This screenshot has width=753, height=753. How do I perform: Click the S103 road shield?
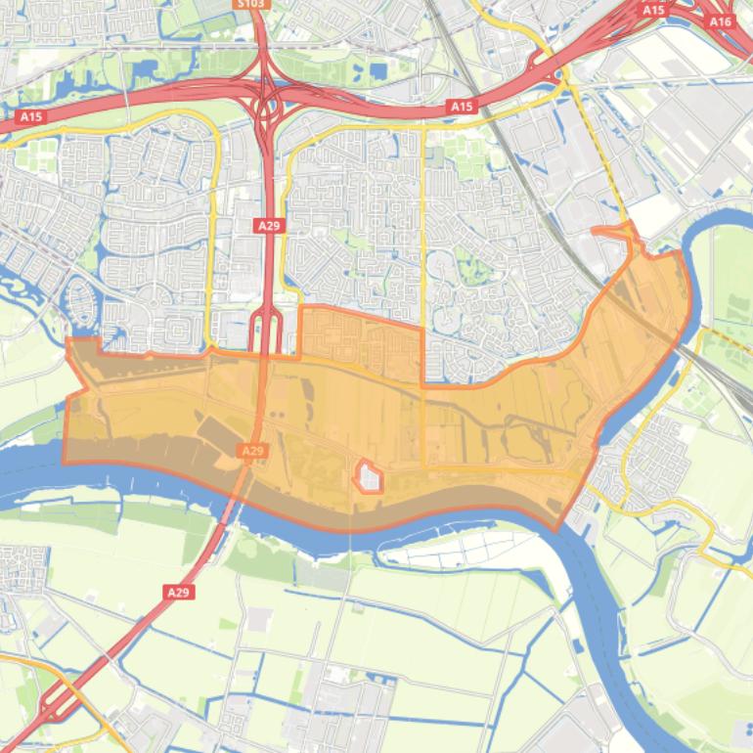tap(252, 4)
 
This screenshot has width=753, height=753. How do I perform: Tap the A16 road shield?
tap(720, 22)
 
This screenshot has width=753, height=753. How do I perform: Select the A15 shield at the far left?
tap(31, 116)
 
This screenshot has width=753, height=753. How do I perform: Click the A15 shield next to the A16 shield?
tap(653, 10)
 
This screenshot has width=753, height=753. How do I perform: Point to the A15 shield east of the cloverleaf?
tap(461, 106)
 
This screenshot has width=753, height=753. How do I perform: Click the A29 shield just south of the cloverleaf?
tap(269, 225)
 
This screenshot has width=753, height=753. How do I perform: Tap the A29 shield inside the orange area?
tap(252, 450)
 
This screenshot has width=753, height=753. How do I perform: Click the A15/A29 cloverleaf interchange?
tap(265, 102)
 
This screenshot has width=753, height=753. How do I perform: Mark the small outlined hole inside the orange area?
tap(369, 477)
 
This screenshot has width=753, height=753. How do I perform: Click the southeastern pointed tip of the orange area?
tap(557, 529)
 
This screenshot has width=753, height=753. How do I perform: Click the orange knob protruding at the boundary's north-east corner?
tap(616, 235)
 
